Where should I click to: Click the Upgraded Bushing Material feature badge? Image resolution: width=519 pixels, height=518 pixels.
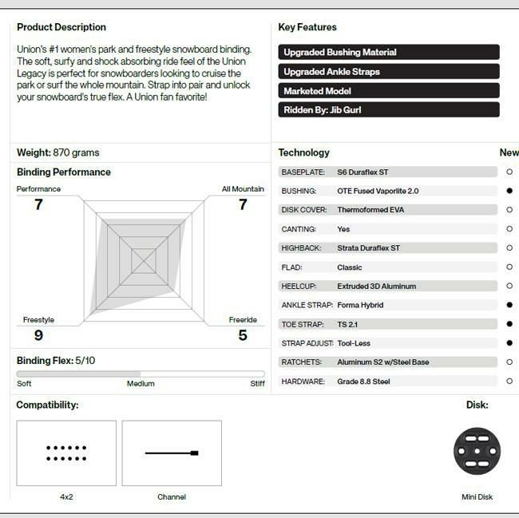pos(389,53)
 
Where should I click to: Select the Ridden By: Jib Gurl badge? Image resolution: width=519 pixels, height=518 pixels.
pos(389,110)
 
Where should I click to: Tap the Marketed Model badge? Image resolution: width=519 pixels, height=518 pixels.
pos(389,91)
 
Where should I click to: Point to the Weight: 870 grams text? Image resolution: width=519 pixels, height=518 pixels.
pos(58,152)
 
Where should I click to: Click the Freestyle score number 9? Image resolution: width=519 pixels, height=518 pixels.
pos(38,335)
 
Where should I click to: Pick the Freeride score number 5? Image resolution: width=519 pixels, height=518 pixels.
pos(243,335)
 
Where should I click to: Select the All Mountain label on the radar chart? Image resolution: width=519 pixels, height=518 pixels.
pos(243,189)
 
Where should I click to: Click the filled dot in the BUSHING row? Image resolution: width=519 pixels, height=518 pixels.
pos(509,191)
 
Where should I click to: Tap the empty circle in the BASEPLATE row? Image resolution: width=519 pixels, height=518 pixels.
pos(509,172)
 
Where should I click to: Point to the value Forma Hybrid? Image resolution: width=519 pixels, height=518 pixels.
pos(360,305)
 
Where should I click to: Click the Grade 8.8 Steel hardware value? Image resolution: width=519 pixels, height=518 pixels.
pos(363,382)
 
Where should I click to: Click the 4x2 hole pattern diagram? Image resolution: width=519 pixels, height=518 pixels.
pos(66,453)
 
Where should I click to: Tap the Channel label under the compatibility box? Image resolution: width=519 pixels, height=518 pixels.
pos(172,497)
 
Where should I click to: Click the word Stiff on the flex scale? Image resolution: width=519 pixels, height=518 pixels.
pos(257,384)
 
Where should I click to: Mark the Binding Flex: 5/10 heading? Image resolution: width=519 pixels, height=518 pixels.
pos(56,361)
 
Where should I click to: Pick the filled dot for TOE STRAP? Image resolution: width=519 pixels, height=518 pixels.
pos(509,324)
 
